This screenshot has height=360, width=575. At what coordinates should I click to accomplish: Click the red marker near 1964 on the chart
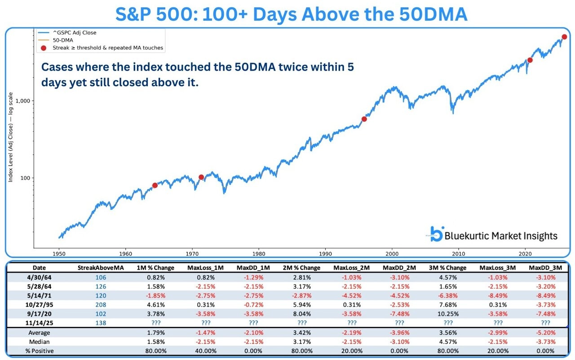point(155,185)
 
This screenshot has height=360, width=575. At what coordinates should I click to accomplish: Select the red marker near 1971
point(201,177)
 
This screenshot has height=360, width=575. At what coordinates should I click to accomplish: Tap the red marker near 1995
point(364,119)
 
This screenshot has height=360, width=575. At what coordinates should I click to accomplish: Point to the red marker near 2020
point(530,60)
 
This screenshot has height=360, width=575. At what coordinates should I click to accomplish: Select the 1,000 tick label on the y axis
point(23,101)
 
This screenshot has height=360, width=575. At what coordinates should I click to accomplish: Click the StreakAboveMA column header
point(98,268)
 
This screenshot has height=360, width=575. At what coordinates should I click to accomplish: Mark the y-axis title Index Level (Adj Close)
point(10,138)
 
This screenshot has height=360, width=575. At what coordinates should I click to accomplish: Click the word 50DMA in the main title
point(432,14)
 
